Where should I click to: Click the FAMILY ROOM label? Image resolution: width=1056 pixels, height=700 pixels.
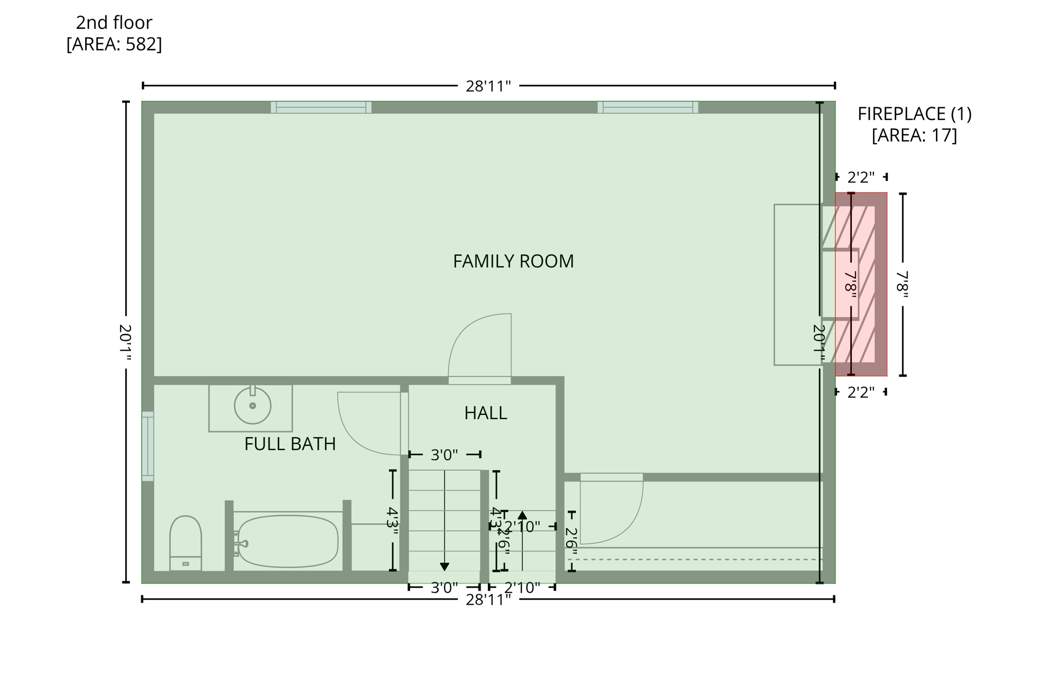pos(513,261)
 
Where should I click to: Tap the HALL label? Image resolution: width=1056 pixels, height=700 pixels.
pos(485,413)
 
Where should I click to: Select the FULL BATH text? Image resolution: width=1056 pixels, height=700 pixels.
pos(290,444)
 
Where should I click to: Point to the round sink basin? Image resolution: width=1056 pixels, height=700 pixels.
pos(253,406)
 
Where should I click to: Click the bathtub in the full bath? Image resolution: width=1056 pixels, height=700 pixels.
pos(288,541)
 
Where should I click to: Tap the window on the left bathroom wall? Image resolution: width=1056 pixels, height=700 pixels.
pos(148,446)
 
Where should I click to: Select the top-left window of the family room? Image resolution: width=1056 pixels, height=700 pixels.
pos(321,107)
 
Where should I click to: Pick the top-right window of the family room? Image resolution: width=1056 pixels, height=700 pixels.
pos(648,107)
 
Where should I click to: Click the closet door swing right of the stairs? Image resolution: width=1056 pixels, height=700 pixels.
pos(611,510)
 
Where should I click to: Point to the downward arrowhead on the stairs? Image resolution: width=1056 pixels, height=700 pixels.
pos(444,566)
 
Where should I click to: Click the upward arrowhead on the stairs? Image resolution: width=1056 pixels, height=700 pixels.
pos(522,515)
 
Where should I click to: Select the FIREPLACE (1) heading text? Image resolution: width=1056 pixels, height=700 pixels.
pos(914,114)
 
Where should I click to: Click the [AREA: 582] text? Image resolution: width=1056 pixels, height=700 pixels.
pos(114,44)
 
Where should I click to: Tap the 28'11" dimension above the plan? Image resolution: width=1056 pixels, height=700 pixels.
pos(488,86)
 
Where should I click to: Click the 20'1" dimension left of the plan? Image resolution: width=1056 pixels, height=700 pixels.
pos(125,342)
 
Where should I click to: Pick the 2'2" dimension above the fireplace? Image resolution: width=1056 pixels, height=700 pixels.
pos(861,177)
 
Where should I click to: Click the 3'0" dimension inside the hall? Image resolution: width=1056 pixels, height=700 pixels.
pos(444,455)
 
